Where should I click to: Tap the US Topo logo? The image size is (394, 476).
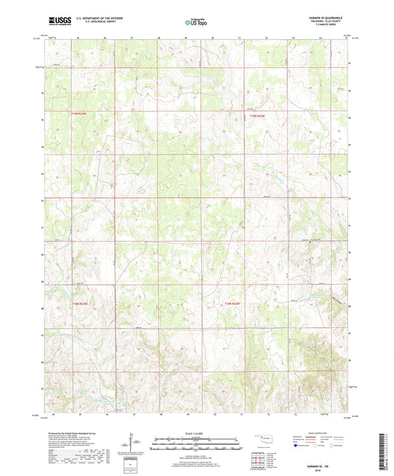(196, 23)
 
